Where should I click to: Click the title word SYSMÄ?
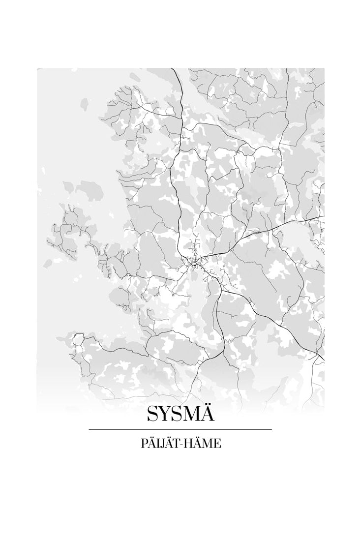pos(180,414)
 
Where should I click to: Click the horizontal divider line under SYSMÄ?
pos(180,429)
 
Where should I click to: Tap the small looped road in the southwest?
pos(78,339)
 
